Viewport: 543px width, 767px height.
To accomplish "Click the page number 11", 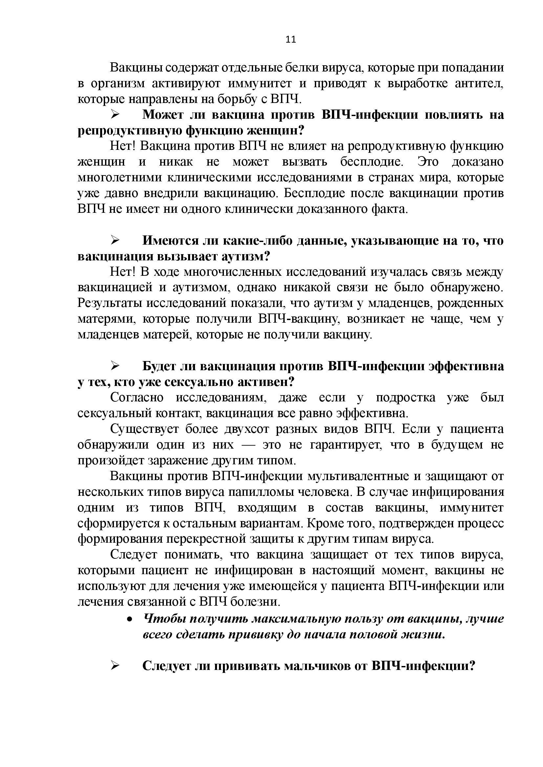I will [291, 40].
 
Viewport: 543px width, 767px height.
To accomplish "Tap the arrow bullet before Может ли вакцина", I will [115, 115].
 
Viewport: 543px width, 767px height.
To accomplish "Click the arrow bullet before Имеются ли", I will [115, 240].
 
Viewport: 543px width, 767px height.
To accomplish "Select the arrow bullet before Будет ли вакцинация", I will [115, 366].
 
